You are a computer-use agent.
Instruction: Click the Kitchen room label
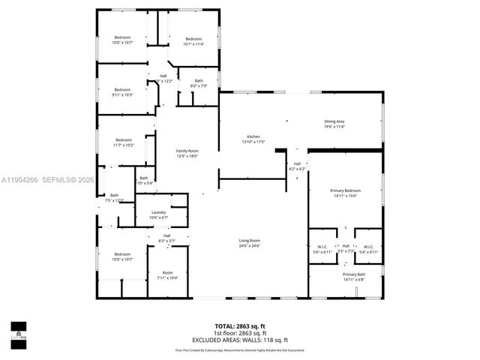point(254,139)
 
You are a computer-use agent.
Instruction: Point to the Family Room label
point(187,153)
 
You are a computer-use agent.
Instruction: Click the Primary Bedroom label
point(345,193)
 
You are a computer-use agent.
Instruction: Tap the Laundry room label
point(158,214)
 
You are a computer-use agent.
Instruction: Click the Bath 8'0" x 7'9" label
point(199,83)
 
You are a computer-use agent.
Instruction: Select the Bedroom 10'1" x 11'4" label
point(193,42)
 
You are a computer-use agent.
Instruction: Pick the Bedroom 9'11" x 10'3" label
point(122,91)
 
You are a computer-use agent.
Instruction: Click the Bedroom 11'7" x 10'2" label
point(124,142)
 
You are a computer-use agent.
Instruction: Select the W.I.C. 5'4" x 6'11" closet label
point(367,249)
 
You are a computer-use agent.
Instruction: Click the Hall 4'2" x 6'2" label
point(297,166)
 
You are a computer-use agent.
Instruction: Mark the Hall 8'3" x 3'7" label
point(166,238)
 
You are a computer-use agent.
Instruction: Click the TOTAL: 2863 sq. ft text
point(240,326)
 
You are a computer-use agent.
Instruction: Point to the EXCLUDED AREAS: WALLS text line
point(240,339)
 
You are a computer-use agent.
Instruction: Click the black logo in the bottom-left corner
point(17,331)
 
